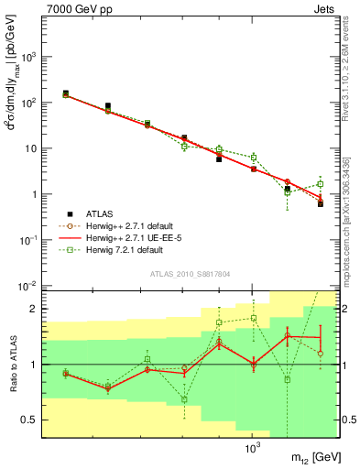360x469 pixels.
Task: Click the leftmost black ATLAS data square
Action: tap(66, 93)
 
